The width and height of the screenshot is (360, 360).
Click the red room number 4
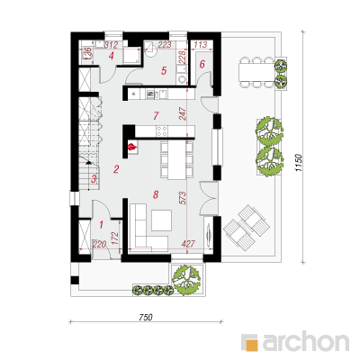pyautogui.click(x=112, y=56)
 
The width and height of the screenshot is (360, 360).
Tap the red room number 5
pyautogui.click(x=164, y=71)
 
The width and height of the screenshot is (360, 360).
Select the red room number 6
pyautogui.click(x=202, y=64)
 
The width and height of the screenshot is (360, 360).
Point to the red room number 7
pyautogui.click(x=156, y=115)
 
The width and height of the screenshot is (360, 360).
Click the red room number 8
pyautogui.click(x=156, y=195)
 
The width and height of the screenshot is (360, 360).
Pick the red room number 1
pyautogui.click(x=101, y=224)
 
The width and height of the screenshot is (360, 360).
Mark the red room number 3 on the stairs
pyautogui.click(x=94, y=179)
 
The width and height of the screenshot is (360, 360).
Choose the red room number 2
pyautogui.click(x=116, y=169)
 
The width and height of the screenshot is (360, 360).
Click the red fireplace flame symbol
pyautogui.click(x=132, y=147)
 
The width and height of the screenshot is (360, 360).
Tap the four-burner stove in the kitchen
pyautogui.click(x=162, y=130)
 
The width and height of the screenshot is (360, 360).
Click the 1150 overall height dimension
pyautogui.click(x=298, y=163)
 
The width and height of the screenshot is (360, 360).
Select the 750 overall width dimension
pyautogui.click(x=146, y=318)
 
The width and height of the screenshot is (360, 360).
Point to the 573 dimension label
pyautogui.click(x=183, y=198)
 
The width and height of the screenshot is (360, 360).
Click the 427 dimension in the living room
pyautogui.click(x=188, y=244)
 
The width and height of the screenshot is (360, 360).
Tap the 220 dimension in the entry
pyautogui.click(x=99, y=244)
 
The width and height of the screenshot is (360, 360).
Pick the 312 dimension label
pyautogui.click(x=111, y=45)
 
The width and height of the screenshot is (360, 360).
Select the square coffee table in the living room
pyautogui.click(x=161, y=220)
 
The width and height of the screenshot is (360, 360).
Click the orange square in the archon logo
pyautogui.click(x=252, y=345)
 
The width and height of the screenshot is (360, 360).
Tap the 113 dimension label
pyautogui.click(x=201, y=45)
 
